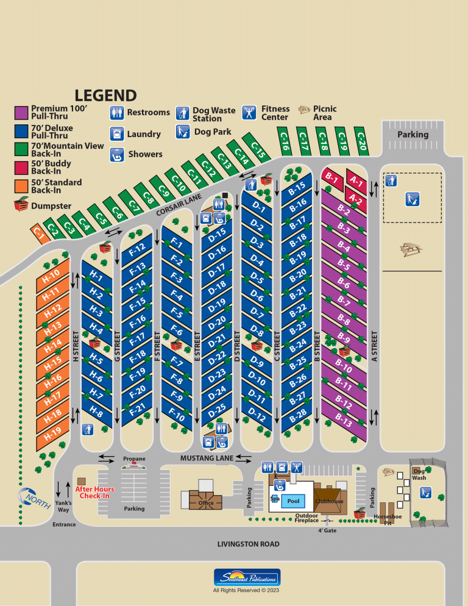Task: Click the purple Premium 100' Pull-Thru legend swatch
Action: click(x=21, y=113)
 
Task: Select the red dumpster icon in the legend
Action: click(x=21, y=205)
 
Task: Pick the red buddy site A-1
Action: click(x=356, y=182)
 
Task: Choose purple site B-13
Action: click(x=344, y=419)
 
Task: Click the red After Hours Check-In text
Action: click(x=95, y=493)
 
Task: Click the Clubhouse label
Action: click(x=329, y=501)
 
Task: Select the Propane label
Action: click(x=134, y=458)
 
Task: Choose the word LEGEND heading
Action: click(x=105, y=95)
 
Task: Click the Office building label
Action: click(x=206, y=503)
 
